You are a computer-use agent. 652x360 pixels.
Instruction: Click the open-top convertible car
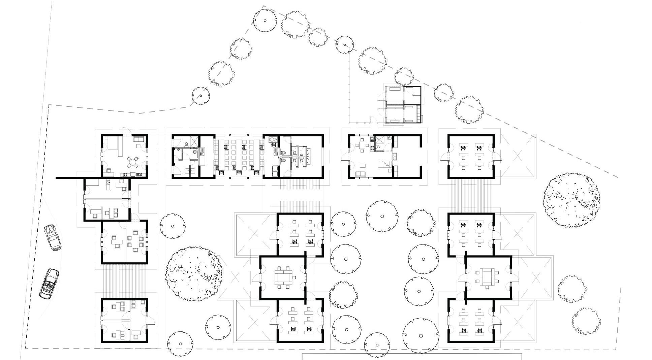point(49,284)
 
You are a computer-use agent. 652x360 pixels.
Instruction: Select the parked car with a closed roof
point(52,237)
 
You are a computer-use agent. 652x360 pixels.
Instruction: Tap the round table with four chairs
point(133,161)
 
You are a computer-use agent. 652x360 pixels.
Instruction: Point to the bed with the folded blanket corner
point(384,164)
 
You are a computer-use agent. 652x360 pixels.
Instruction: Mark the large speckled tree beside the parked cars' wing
point(193,273)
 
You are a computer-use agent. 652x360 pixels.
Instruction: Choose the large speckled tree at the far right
point(571,200)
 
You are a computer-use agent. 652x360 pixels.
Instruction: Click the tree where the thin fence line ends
point(345,45)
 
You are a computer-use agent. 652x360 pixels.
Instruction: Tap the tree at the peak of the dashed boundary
point(265,20)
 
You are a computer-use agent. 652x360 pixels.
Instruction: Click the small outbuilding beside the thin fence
point(403,105)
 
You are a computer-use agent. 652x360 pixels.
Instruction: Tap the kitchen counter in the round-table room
point(133,174)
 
